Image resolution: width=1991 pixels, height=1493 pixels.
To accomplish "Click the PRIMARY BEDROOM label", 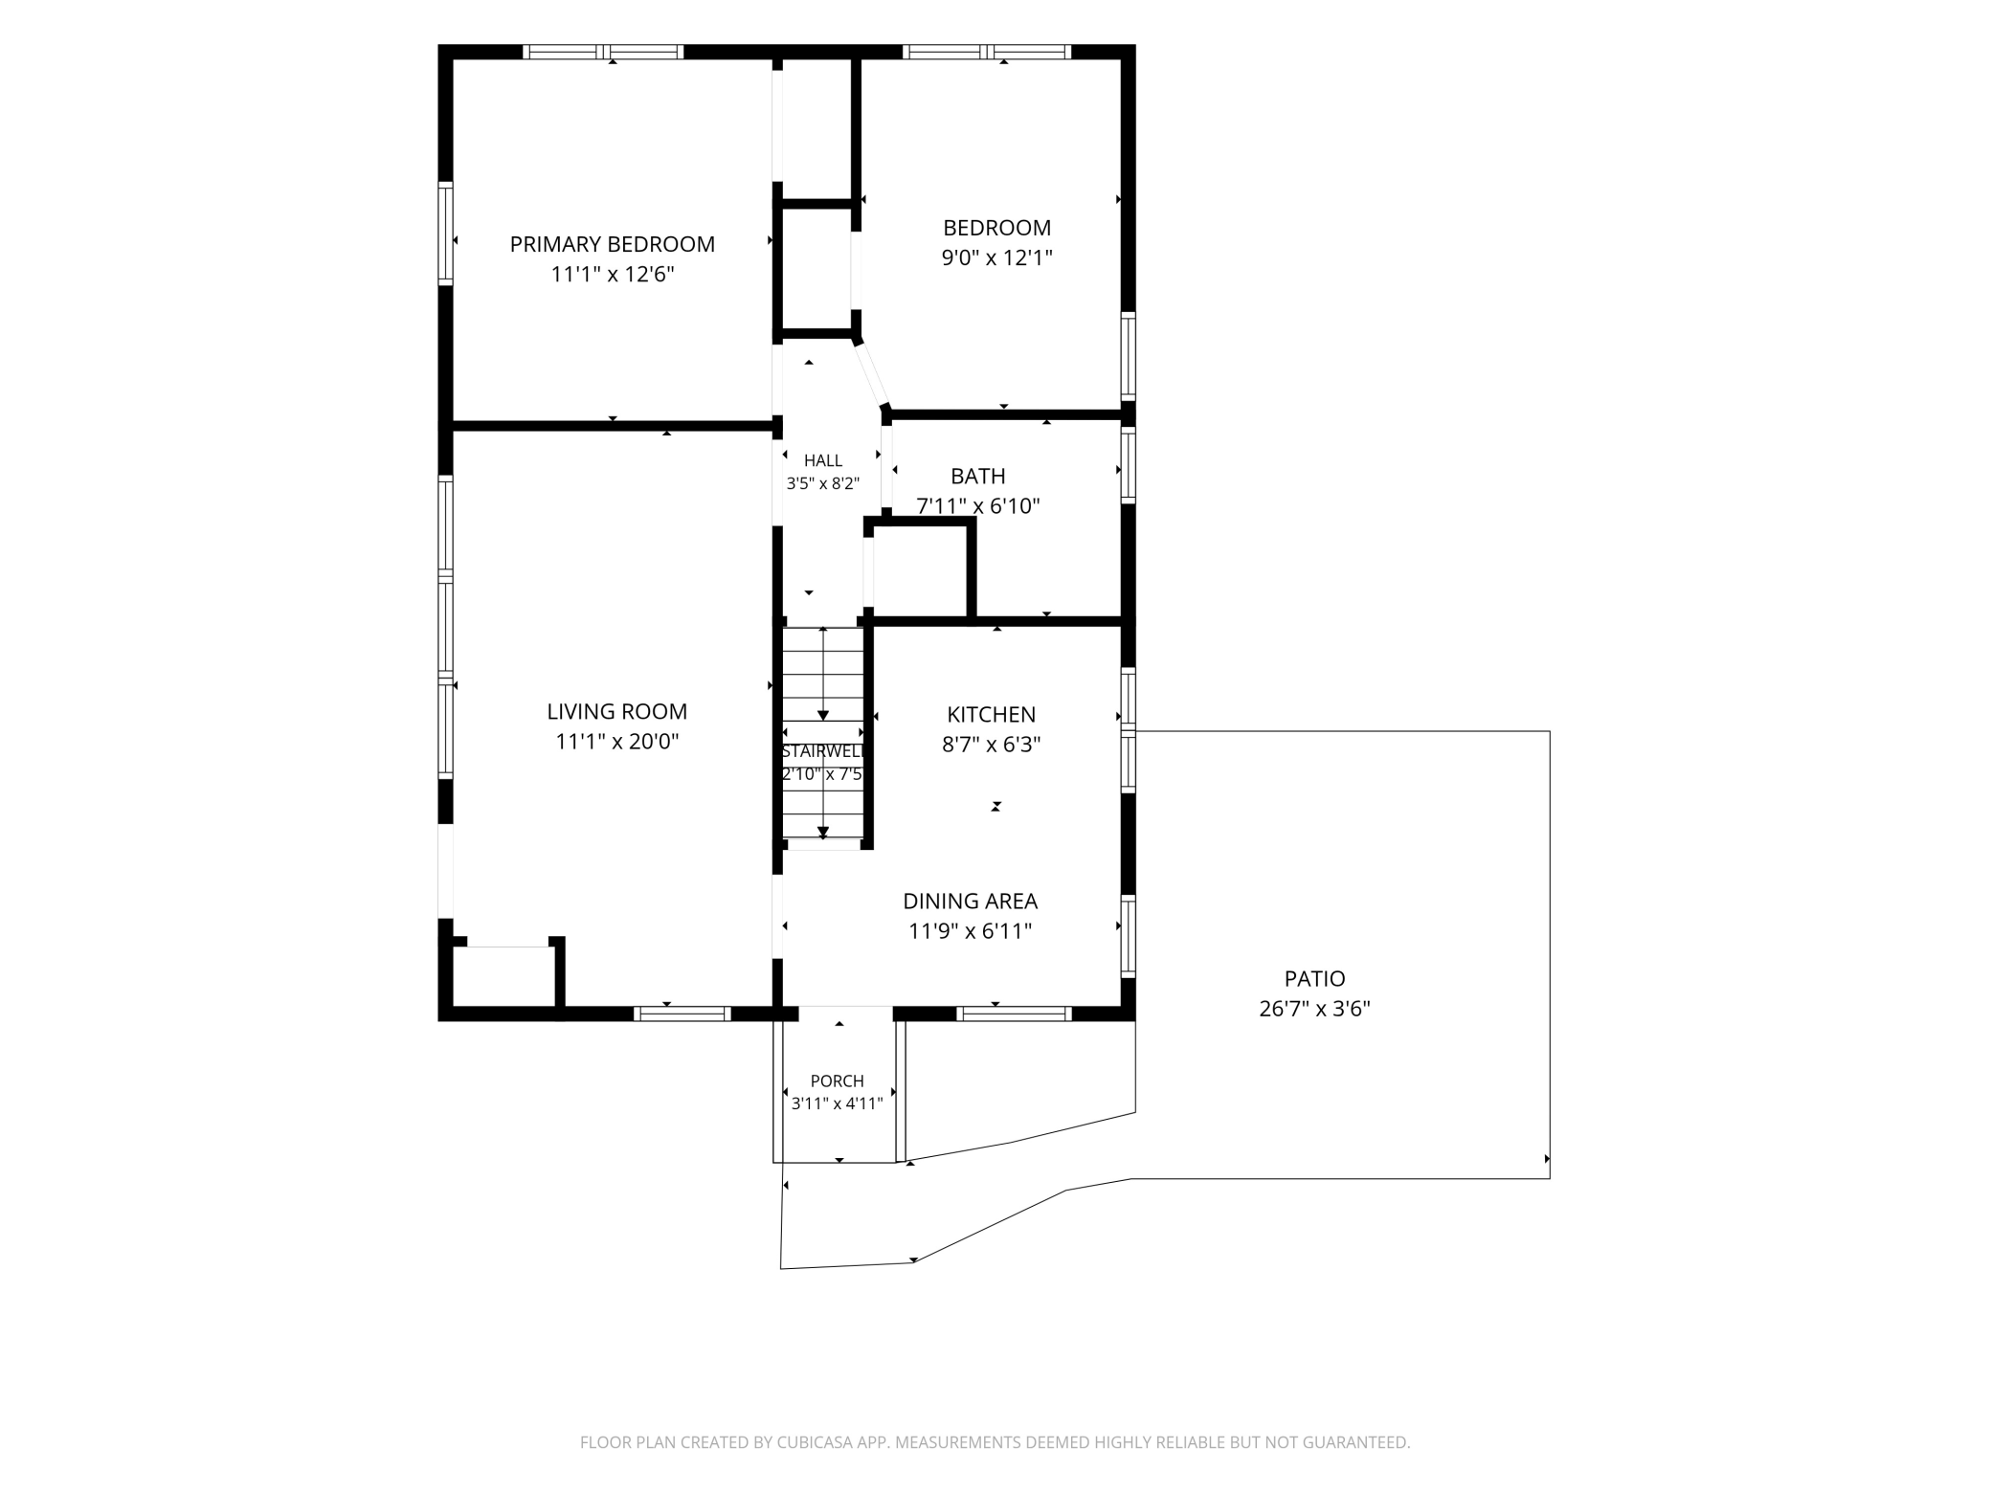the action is [x=612, y=244].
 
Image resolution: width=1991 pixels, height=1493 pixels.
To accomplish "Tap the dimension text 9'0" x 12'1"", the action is [x=996, y=257].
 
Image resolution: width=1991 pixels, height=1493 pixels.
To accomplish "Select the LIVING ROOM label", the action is [x=616, y=711].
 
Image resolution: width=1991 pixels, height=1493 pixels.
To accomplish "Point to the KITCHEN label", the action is [x=991, y=714].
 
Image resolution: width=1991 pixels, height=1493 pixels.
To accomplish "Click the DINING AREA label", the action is [x=970, y=901].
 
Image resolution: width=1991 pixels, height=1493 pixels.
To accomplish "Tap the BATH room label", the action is [x=977, y=476].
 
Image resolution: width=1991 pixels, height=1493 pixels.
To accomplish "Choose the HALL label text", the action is [x=823, y=460].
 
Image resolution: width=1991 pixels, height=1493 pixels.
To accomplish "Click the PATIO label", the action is [x=1314, y=978].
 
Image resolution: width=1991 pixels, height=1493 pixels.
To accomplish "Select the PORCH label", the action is [x=837, y=1081].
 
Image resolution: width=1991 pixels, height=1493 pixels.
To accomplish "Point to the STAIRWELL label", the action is [x=823, y=751].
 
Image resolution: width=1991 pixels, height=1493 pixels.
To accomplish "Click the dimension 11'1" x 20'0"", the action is [x=616, y=742].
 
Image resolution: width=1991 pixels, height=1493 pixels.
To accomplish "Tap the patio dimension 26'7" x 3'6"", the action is [x=1314, y=1009].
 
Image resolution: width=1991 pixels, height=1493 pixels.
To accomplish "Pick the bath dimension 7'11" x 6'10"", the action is [x=977, y=506].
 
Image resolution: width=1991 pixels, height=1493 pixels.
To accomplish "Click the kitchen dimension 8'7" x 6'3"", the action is [x=991, y=745].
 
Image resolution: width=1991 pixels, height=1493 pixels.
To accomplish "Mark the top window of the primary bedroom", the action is [x=603, y=52].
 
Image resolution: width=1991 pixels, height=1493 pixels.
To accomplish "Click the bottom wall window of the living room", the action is [x=682, y=1014].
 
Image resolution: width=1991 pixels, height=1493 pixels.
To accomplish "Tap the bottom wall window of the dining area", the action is [x=1014, y=1014].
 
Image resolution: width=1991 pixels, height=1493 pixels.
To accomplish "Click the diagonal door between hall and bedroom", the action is [x=872, y=375].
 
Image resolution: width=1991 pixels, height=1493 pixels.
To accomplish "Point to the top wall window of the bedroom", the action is [x=987, y=52].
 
